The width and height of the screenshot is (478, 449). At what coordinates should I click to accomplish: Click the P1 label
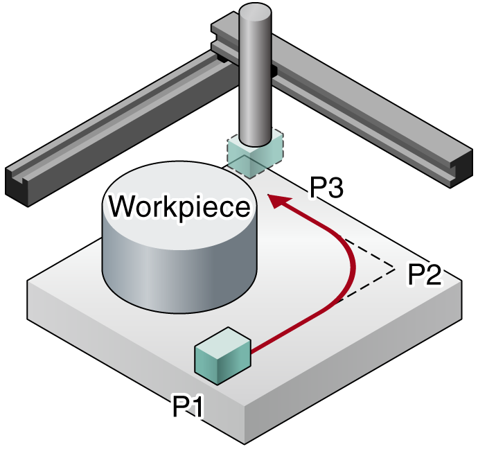pos(187,405)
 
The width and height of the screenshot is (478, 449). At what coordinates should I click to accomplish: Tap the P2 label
pos(425,274)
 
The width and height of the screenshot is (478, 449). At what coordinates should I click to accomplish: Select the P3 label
pos(326,188)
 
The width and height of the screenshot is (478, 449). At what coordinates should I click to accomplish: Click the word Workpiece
pos(180,207)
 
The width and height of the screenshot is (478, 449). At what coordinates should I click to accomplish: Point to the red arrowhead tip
pos(267,195)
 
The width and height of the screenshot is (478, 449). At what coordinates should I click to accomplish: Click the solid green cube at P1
pos(223,355)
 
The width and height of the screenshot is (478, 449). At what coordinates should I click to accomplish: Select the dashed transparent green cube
pos(255,154)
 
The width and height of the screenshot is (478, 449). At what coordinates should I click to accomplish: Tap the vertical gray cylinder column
pos(255,75)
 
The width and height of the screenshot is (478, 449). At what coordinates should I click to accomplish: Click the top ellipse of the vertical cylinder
pos(255,11)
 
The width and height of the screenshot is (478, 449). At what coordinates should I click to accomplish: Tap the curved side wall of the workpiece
pos(180,274)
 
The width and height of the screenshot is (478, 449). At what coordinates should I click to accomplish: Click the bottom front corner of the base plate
pos(245,444)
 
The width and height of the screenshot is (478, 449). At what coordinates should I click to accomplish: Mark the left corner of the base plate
pos(28,280)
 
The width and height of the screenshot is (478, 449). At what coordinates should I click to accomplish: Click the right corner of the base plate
pos(462,281)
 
